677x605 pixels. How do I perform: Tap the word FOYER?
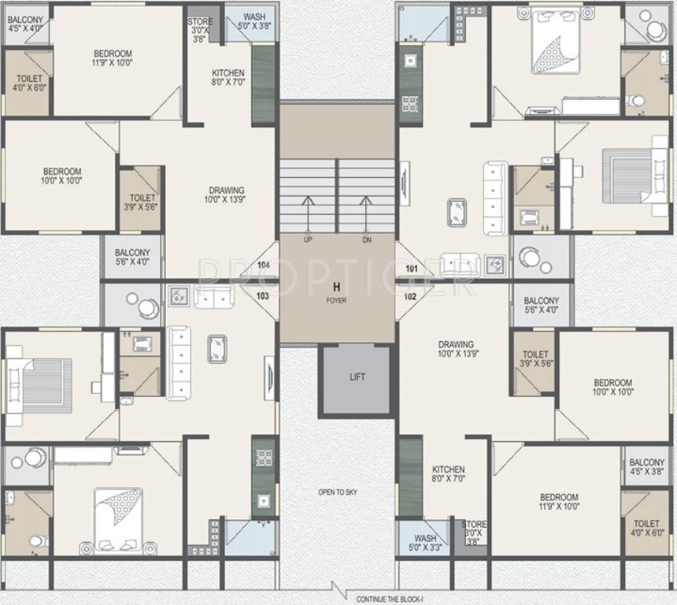click(337, 300)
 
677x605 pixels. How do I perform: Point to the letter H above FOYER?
click(337, 287)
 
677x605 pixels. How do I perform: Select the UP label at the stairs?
click(309, 239)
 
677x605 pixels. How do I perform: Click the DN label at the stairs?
click(366, 239)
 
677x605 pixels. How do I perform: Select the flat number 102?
click(410, 297)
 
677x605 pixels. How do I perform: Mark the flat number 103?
click(263, 296)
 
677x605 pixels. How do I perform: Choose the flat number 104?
click(263, 265)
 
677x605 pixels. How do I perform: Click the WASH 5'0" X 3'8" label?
click(253, 21)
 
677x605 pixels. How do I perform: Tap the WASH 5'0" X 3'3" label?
click(423, 543)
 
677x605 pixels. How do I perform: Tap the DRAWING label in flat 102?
click(456, 350)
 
